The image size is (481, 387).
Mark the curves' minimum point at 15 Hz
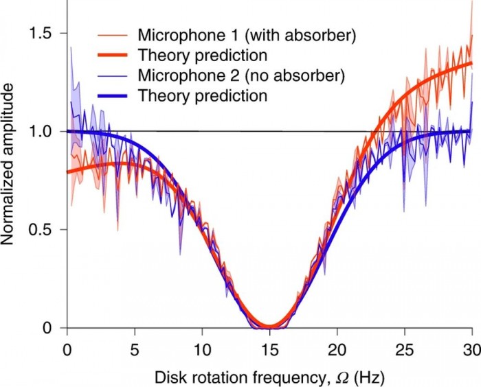(269, 327)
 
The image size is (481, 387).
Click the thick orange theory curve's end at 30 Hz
(471, 64)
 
